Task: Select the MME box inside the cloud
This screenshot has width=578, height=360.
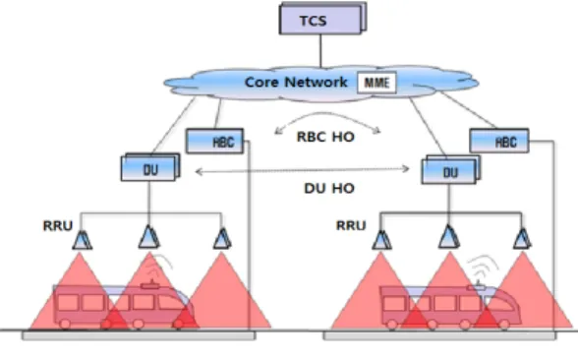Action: tap(376, 83)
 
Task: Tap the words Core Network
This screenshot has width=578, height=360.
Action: tap(296, 82)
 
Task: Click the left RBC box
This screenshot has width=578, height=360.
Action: tap(215, 141)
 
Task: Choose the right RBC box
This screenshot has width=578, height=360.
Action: tap(499, 141)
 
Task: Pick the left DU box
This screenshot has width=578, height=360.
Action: tap(150, 168)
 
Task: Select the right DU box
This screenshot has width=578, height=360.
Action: tap(451, 170)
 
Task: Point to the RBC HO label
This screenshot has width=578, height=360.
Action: tap(325, 137)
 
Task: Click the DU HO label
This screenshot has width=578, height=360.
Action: tap(329, 189)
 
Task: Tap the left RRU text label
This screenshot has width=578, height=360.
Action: tap(58, 226)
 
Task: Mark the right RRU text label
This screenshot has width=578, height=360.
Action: tap(351, 225)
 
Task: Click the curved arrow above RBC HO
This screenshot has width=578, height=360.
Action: tap(326, 114)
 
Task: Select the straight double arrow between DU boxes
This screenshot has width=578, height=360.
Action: tap(302, 170)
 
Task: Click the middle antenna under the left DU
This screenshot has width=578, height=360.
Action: tap(149, 237)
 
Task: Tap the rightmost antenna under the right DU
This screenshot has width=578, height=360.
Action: tap(522, 239)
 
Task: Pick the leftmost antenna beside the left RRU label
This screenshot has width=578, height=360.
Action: tap(83, 240)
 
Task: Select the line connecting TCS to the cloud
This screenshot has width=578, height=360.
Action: tap(320, 51)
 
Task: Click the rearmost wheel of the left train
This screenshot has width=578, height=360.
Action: tap(65, 325)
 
